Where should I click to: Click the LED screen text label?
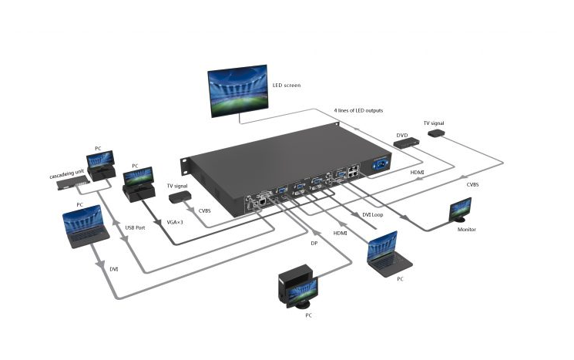287,86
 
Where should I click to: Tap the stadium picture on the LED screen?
237,91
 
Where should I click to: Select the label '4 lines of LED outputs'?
358,110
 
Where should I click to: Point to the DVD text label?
402,136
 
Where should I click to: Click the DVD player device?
407,143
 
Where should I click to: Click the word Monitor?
467,230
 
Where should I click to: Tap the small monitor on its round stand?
461,210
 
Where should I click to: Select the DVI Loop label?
373,214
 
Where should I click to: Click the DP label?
314,243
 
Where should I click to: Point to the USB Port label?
135,227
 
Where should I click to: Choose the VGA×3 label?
175,222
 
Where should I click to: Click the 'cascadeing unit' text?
67,174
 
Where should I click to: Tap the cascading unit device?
73,183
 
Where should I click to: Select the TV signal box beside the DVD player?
435,133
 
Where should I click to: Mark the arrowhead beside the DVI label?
100,264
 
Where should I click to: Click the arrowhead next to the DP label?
315,233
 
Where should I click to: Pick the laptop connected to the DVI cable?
86,227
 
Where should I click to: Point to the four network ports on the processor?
353,171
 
